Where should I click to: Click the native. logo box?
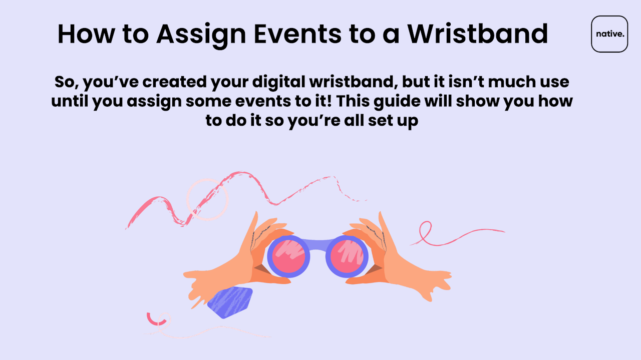click(x=609, y=34)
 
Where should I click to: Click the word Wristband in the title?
click(x=478, y=34)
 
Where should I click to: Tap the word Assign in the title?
click(x=201, y=35)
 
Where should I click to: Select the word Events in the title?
click(x=297, y=34)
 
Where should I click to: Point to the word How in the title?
click(x=86, y=34)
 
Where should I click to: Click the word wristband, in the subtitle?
click(x=354, y=82)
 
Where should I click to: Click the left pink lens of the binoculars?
click(x=288, y=256)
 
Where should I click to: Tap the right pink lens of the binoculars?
click(x=347, y=256)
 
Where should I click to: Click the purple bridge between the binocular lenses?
click(x=317, y=245)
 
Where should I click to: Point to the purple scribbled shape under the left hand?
click(x=230, y=302)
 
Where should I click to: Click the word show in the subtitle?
click(x=477, y=101)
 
